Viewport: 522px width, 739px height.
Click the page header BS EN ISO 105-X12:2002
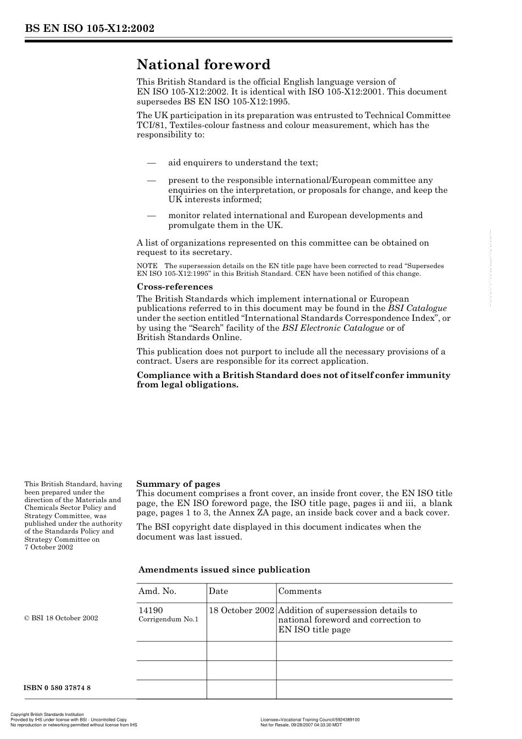click(x=88, y=29)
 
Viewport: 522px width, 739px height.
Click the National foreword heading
click(x=203, y=65)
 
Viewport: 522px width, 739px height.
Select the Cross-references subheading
click(x=174, y=287)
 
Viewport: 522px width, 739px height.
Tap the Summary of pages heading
click(x=178, y=484)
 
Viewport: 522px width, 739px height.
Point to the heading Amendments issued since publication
click(x=224, y=570)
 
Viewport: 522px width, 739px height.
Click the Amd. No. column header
click(x=157, y=591)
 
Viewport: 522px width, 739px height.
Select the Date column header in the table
click(x=218, y=591)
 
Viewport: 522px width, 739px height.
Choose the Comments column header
click(x=300, y=591)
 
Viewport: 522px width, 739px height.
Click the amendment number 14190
click(x=151, y=610)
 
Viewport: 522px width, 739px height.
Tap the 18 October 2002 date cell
click(x=241, y=610)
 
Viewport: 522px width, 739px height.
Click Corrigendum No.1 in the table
click(x=168, y=619)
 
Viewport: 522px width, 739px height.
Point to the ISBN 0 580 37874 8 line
click(x=57, y=688)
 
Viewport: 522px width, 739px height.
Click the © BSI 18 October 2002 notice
click(x=61, y=618)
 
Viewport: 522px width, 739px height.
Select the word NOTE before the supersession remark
click(x=147, y=266)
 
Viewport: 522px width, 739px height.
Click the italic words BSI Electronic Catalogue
click(x=332, y=328)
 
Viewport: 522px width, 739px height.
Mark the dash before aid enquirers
click(x=151, y=163)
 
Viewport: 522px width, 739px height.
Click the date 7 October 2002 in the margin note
click(x=48, y=547)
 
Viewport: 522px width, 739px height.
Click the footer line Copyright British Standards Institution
click(x=47, y=715)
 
